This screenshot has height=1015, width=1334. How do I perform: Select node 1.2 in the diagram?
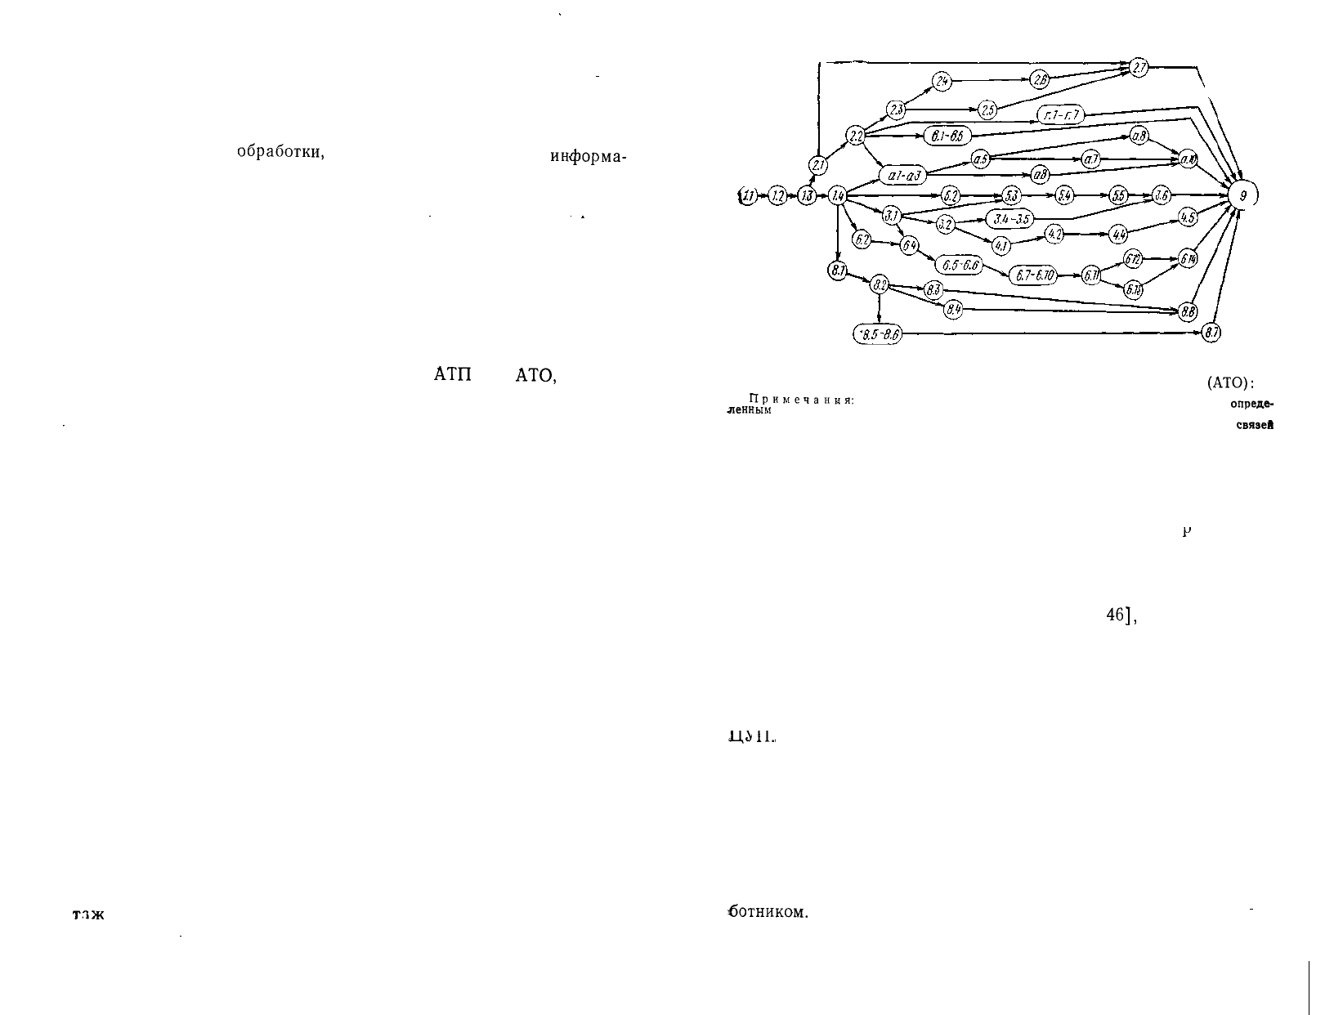[778, 196]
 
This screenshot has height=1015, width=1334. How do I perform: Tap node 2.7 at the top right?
[1139, 68]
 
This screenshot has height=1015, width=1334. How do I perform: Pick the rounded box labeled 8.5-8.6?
[876, 334]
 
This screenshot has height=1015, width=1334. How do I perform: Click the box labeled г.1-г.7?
[1060, 116]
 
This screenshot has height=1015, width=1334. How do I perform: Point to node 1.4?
[837, 195]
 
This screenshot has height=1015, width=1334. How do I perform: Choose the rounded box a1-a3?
[904, 175]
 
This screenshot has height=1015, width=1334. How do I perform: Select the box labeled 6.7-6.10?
[1032, 275]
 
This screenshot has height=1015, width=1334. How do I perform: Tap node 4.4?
[1117, 235]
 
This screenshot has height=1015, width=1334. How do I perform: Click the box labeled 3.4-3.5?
[1011, 218]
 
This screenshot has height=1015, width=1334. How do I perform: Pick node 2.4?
[942, 81]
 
